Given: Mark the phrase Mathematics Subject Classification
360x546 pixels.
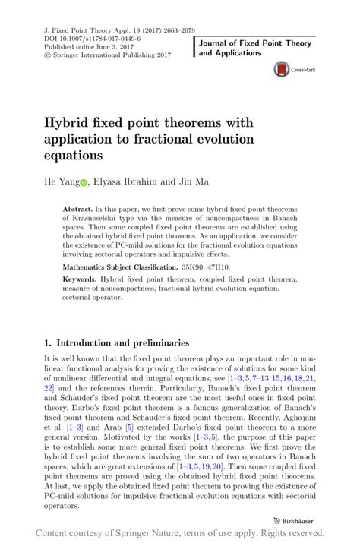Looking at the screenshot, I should click(x=115, y=267).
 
